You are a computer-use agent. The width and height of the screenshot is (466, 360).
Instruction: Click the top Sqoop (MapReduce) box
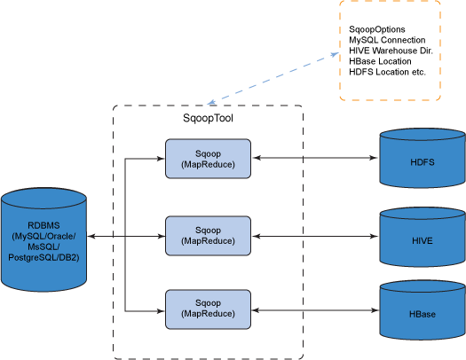click(x=208, y=159)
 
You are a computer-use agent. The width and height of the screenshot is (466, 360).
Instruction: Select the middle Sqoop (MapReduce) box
click(x=208, y=235)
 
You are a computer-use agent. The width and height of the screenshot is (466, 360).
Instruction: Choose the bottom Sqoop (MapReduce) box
click(x=208, y=309)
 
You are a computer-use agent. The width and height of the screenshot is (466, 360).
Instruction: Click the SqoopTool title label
click(x=208, y=118)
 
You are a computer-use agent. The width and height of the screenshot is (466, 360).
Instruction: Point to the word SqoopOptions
click(x=377, y=30)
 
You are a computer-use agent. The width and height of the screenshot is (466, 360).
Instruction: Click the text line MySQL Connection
click(x=386, y=41)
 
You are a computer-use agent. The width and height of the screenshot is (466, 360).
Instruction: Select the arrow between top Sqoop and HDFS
click(x=311, y=160)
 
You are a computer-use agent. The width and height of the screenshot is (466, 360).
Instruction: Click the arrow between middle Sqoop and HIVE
click(x=311, y=236)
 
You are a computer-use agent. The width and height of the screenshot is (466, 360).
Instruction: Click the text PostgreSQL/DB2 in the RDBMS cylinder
click(x=44, y=257)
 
